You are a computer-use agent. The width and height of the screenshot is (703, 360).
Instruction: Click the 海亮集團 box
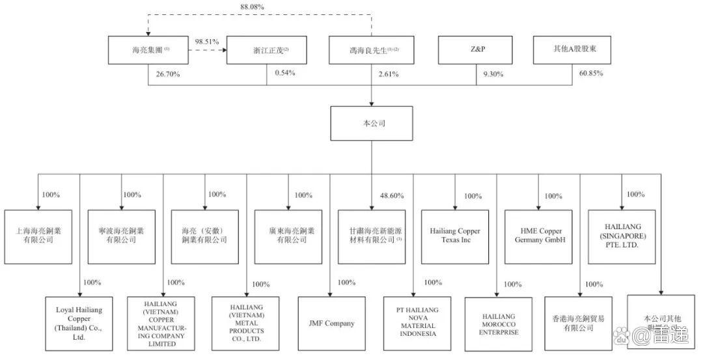point(149,50)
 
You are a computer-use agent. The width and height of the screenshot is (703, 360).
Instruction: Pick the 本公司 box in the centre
point(372,122)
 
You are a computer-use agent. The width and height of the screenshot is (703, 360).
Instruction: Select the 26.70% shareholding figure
point(168,74)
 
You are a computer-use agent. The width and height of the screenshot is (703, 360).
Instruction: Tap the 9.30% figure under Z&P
point(493,74)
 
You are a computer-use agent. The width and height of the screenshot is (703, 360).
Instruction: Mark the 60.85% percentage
point(590,74)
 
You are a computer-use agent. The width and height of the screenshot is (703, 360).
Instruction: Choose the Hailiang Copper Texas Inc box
point(455,236)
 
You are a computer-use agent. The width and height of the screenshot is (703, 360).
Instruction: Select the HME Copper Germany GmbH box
point(538,236)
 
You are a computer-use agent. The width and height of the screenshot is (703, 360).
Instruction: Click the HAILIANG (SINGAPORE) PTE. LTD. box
point(622,235)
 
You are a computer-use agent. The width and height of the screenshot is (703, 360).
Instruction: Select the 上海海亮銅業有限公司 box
point(38,236)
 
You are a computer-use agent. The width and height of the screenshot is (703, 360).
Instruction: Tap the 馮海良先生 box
point(372,50)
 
